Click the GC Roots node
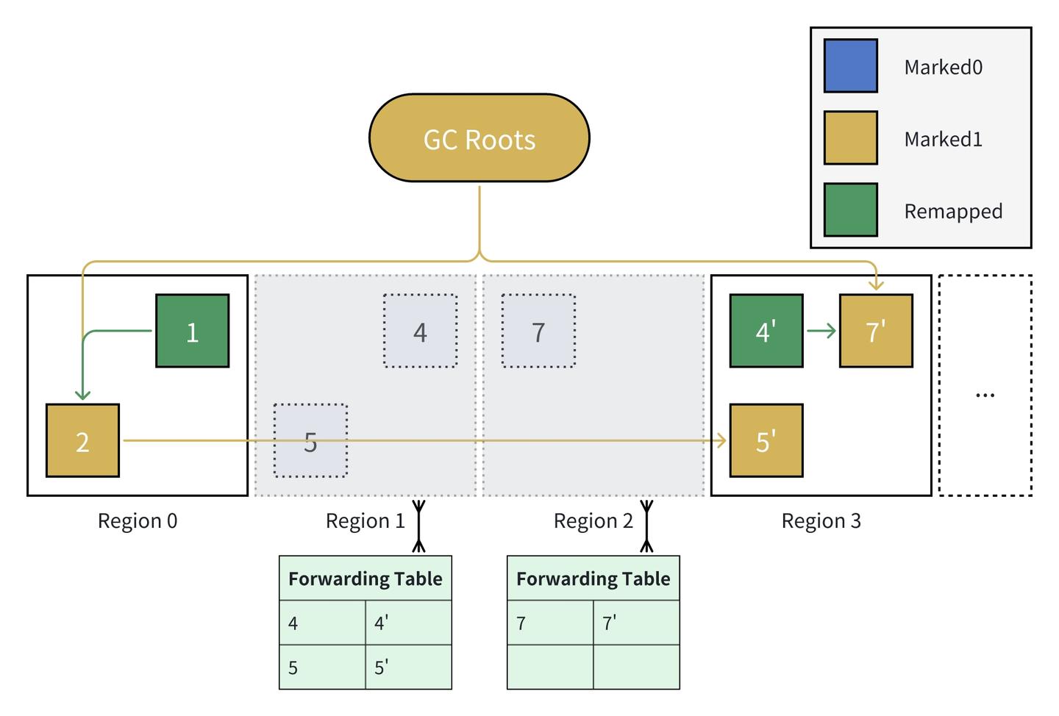coord(479,138)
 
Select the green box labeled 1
coord(192,331)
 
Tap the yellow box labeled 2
coord(82,440)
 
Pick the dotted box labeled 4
coord(420,331)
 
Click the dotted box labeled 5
coord(310,440)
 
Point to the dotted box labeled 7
coord(538,331)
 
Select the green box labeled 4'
coord(766,331)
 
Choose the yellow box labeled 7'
coord(876,331)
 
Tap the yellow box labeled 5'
coord(766,440)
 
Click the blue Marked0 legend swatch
coord(850,66)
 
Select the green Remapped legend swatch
coord(850,210)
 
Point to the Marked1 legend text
coord(943,139)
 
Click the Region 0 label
coord(138,521)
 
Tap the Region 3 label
coord(821,521)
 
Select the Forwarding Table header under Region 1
coord(366,579)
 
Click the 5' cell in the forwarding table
coord(408,667)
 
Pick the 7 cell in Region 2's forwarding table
coord(549,623)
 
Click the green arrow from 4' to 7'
coord(821,331)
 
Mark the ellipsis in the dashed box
coord(985,395)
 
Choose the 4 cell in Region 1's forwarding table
coord(322,623)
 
